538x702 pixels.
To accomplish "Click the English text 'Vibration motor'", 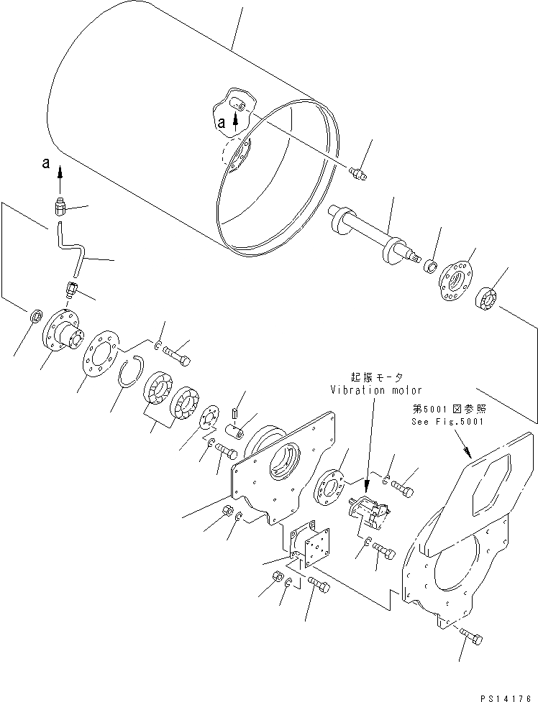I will (x=367, y=389).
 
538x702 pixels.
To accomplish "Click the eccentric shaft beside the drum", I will (x=374, y=239).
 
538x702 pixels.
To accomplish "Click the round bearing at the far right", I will (x=490, y=297).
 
